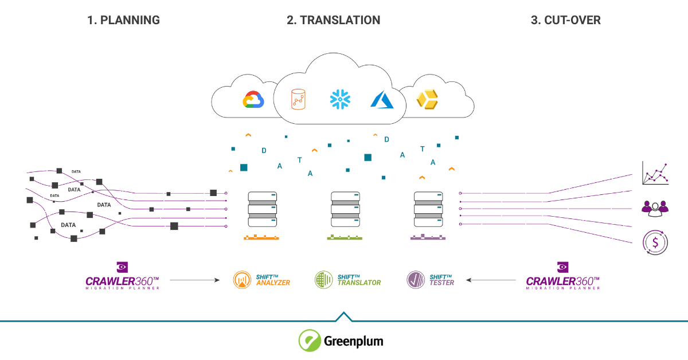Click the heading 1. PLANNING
point(123,20)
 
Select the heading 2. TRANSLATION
point(333,20)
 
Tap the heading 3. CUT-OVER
point(565,20)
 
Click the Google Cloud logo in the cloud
point(253,100)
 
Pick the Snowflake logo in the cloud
point(340,99)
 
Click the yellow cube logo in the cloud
point(427,99)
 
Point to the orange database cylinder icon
point(298,99)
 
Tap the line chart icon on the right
point(655,173)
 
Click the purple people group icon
point(655,208)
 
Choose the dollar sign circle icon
point(655,241)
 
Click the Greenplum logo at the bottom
point(341,341)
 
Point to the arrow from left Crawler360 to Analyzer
point(195,280)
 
